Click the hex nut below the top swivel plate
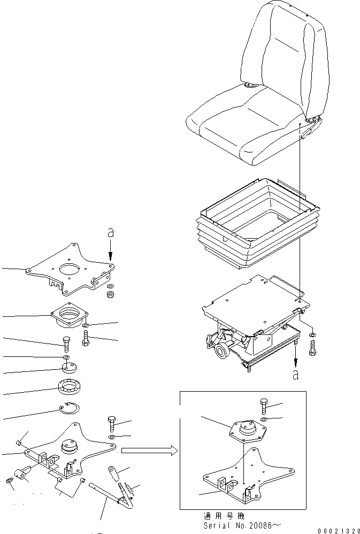click(x=110, y=293)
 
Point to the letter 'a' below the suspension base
click(x=295, y=375)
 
